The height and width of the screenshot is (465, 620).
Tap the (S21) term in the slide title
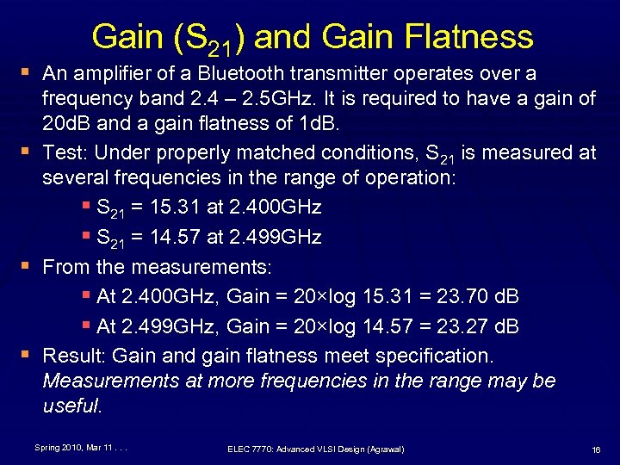[x=206, y=39]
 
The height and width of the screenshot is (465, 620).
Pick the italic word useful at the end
[x=72, y=406]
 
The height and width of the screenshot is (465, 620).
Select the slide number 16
[x=595, y=449]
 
